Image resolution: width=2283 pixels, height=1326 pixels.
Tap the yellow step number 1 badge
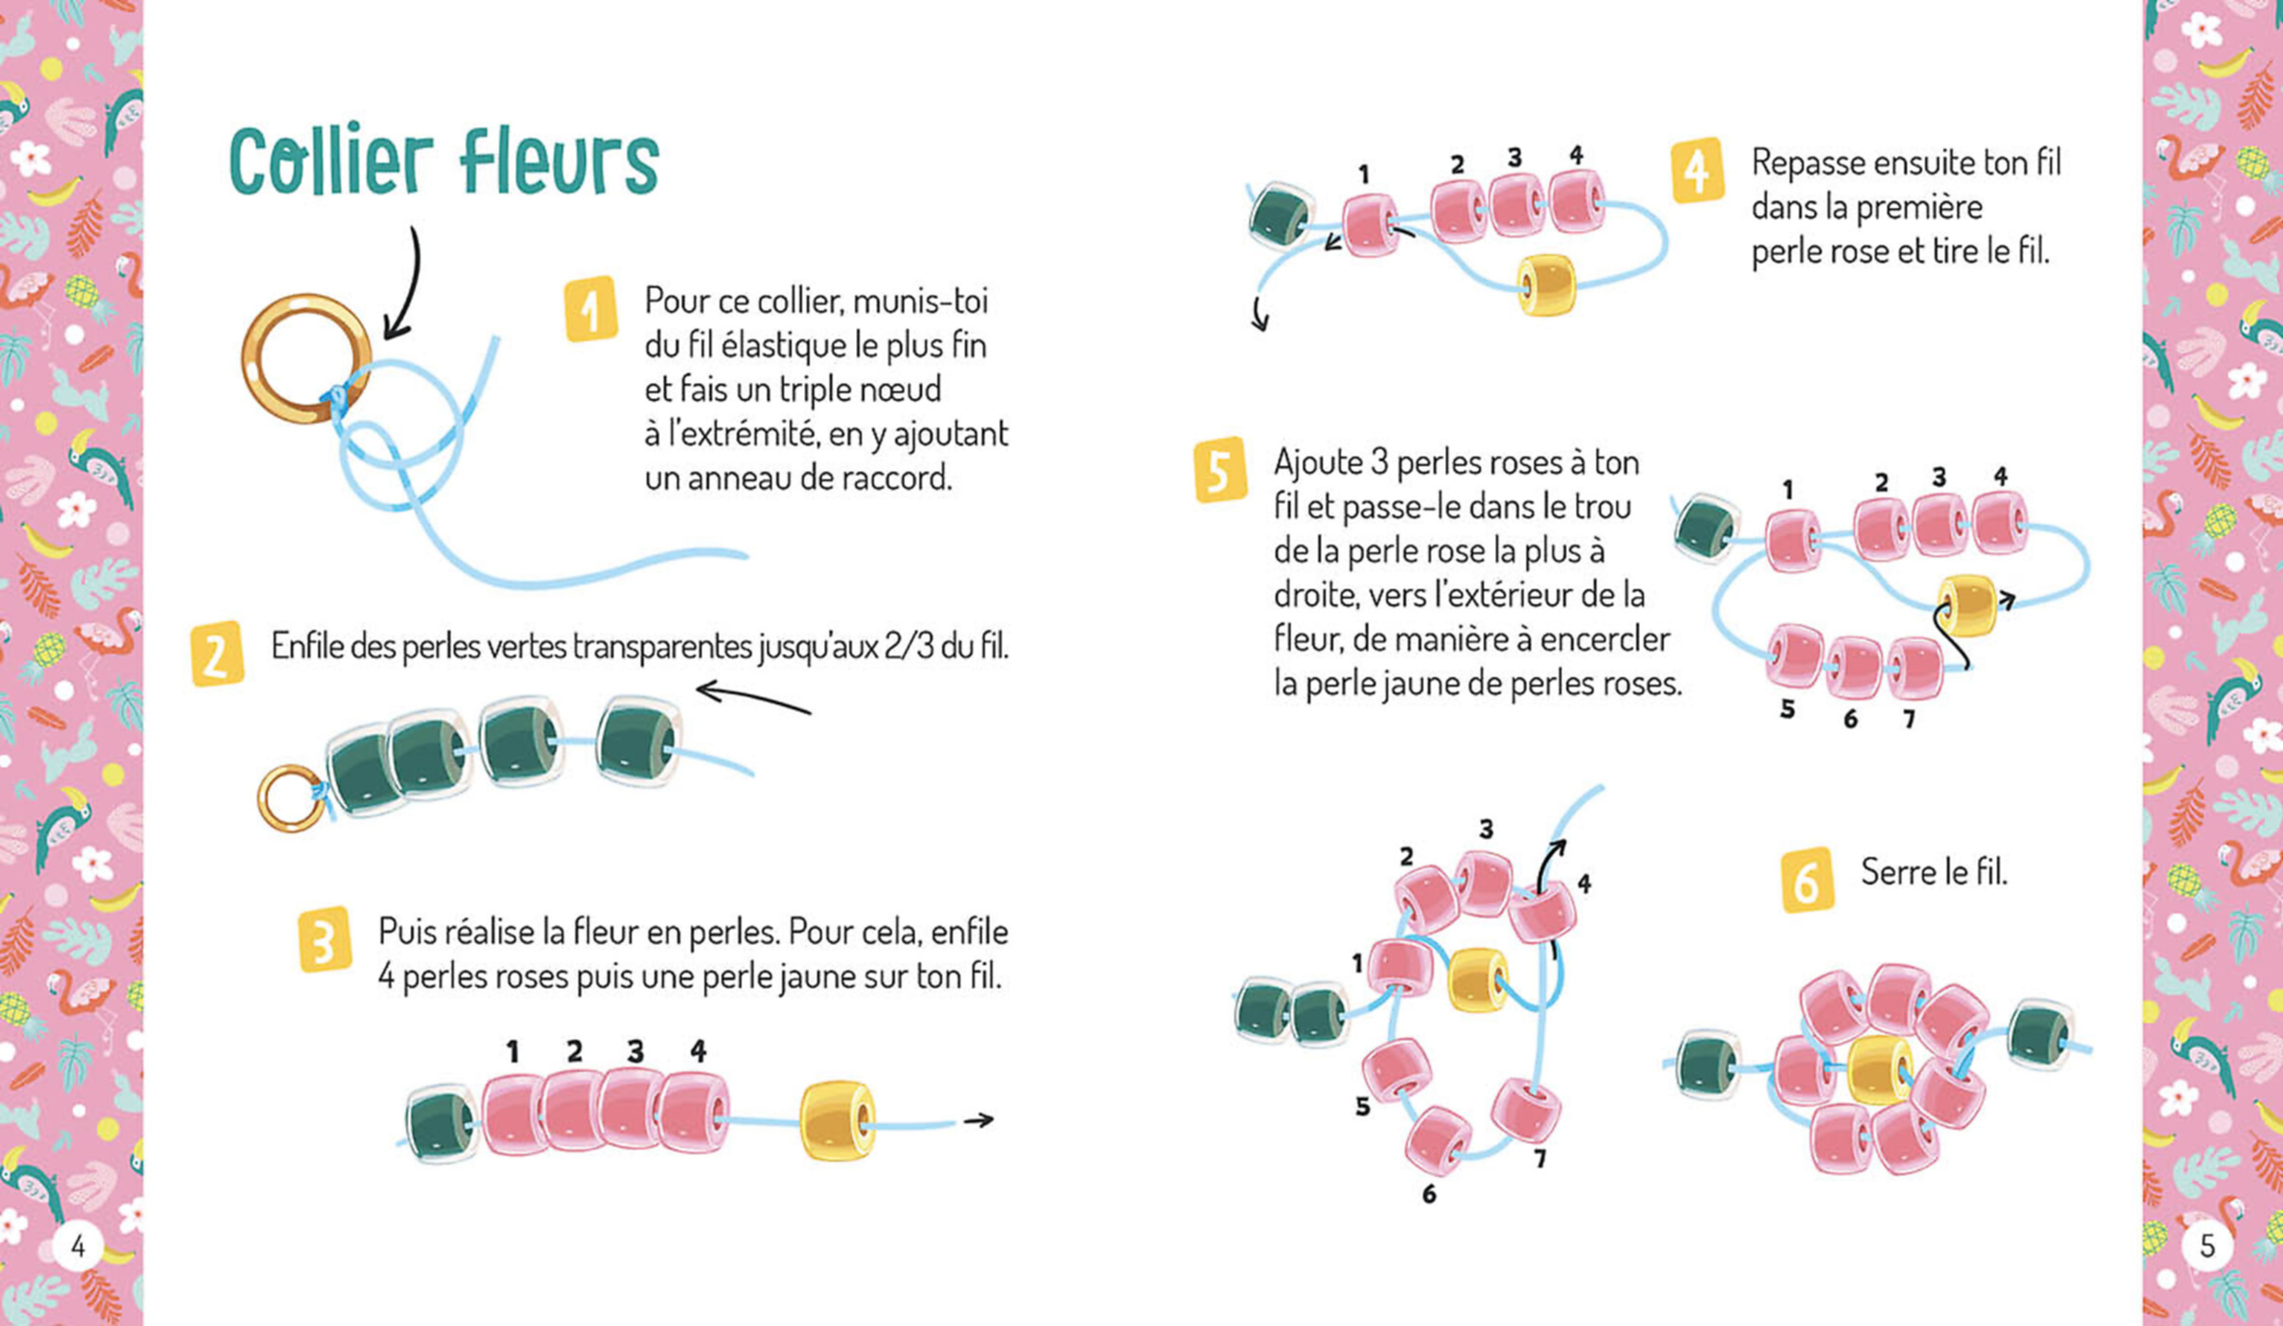[x=590, y=309]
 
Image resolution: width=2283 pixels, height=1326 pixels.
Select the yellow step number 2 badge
[x=217, y=654]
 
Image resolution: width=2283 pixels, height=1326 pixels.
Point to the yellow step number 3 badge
[x=324, y=940]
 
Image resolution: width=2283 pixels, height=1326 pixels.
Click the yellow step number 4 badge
[x=1696, y=171]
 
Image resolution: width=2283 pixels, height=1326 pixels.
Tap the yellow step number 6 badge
[x=1806, y=880]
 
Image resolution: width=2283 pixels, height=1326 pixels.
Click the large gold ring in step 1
[x=305, y=359]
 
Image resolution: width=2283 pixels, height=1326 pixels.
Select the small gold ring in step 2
[x=290, y=798]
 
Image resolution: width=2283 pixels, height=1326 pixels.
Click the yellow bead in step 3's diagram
[x=837, y=1120]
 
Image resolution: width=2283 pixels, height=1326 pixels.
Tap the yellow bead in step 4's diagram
[x=1546, y=284]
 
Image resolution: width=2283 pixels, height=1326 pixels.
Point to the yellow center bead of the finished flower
[x=1879, y=1069]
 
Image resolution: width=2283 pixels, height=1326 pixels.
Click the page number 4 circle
[x=78, y=1246]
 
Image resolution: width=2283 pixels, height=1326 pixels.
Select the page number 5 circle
[x=2206, y=1246]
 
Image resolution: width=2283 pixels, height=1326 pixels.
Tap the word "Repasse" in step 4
[x=1808, y=163]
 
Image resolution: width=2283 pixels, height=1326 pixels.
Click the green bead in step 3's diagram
[x=441, y=1123]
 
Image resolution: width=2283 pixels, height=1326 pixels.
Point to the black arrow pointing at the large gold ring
[x=405, y=284]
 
